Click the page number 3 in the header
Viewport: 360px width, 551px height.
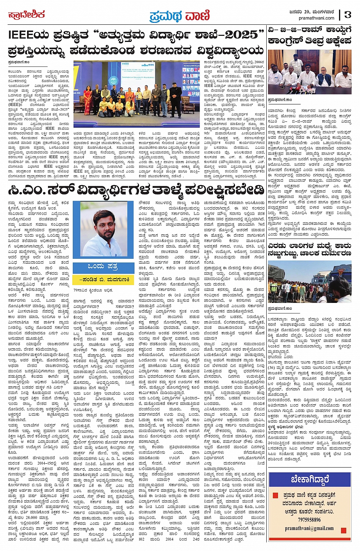(x=347, y=14)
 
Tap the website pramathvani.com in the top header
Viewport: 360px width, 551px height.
(x=316, y=18)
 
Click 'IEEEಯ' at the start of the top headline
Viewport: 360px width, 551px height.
(x=25, y=35)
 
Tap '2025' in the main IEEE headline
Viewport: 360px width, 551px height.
(x=241, y=35)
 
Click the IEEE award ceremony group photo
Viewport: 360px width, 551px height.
(x=136, y=93)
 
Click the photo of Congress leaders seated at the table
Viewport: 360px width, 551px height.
(x=309, y=72)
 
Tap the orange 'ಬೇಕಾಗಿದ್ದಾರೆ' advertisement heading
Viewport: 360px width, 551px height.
(x=309, y=479)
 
